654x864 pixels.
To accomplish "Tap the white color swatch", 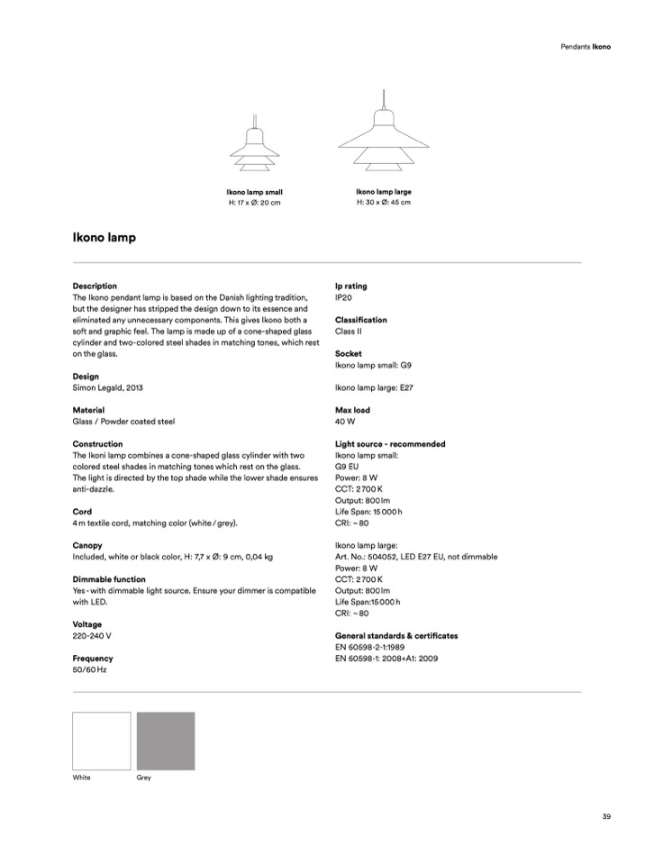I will pyautogui.click(x=102, y=741).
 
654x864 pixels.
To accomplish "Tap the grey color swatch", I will pyautogui.click(x=166, y=741).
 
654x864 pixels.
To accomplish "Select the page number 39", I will pyautogui.click(x=606, y=816).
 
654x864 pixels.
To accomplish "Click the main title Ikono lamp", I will pyautogui.click(x=104, y=239).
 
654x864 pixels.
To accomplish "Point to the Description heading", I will pyautogui.click(x=95, y=286).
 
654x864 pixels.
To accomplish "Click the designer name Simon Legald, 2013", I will pyautogui.click(x=107, y=387).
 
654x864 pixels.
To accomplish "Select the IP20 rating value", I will pyautogui.click(x=343, y=296).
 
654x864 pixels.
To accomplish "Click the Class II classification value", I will pyautogui.click(x=348, y=331).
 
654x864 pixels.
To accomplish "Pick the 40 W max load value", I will pyautogui.click(x=344, y=421).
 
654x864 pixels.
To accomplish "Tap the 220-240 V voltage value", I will pyautogui.click(x=92, y=635).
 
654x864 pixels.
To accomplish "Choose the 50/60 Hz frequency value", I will pyautogui.click(x=89, y=669).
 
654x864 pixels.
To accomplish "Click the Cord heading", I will pyautogui.click(x=82, y=512).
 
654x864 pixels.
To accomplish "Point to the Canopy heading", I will pyautogui.click(x=87, y=545).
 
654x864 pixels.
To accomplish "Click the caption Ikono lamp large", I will pyautogui.click(x=384, y=192).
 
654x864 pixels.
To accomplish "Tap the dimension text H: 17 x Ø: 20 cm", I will pyautogui.click(x=255, y=203).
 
